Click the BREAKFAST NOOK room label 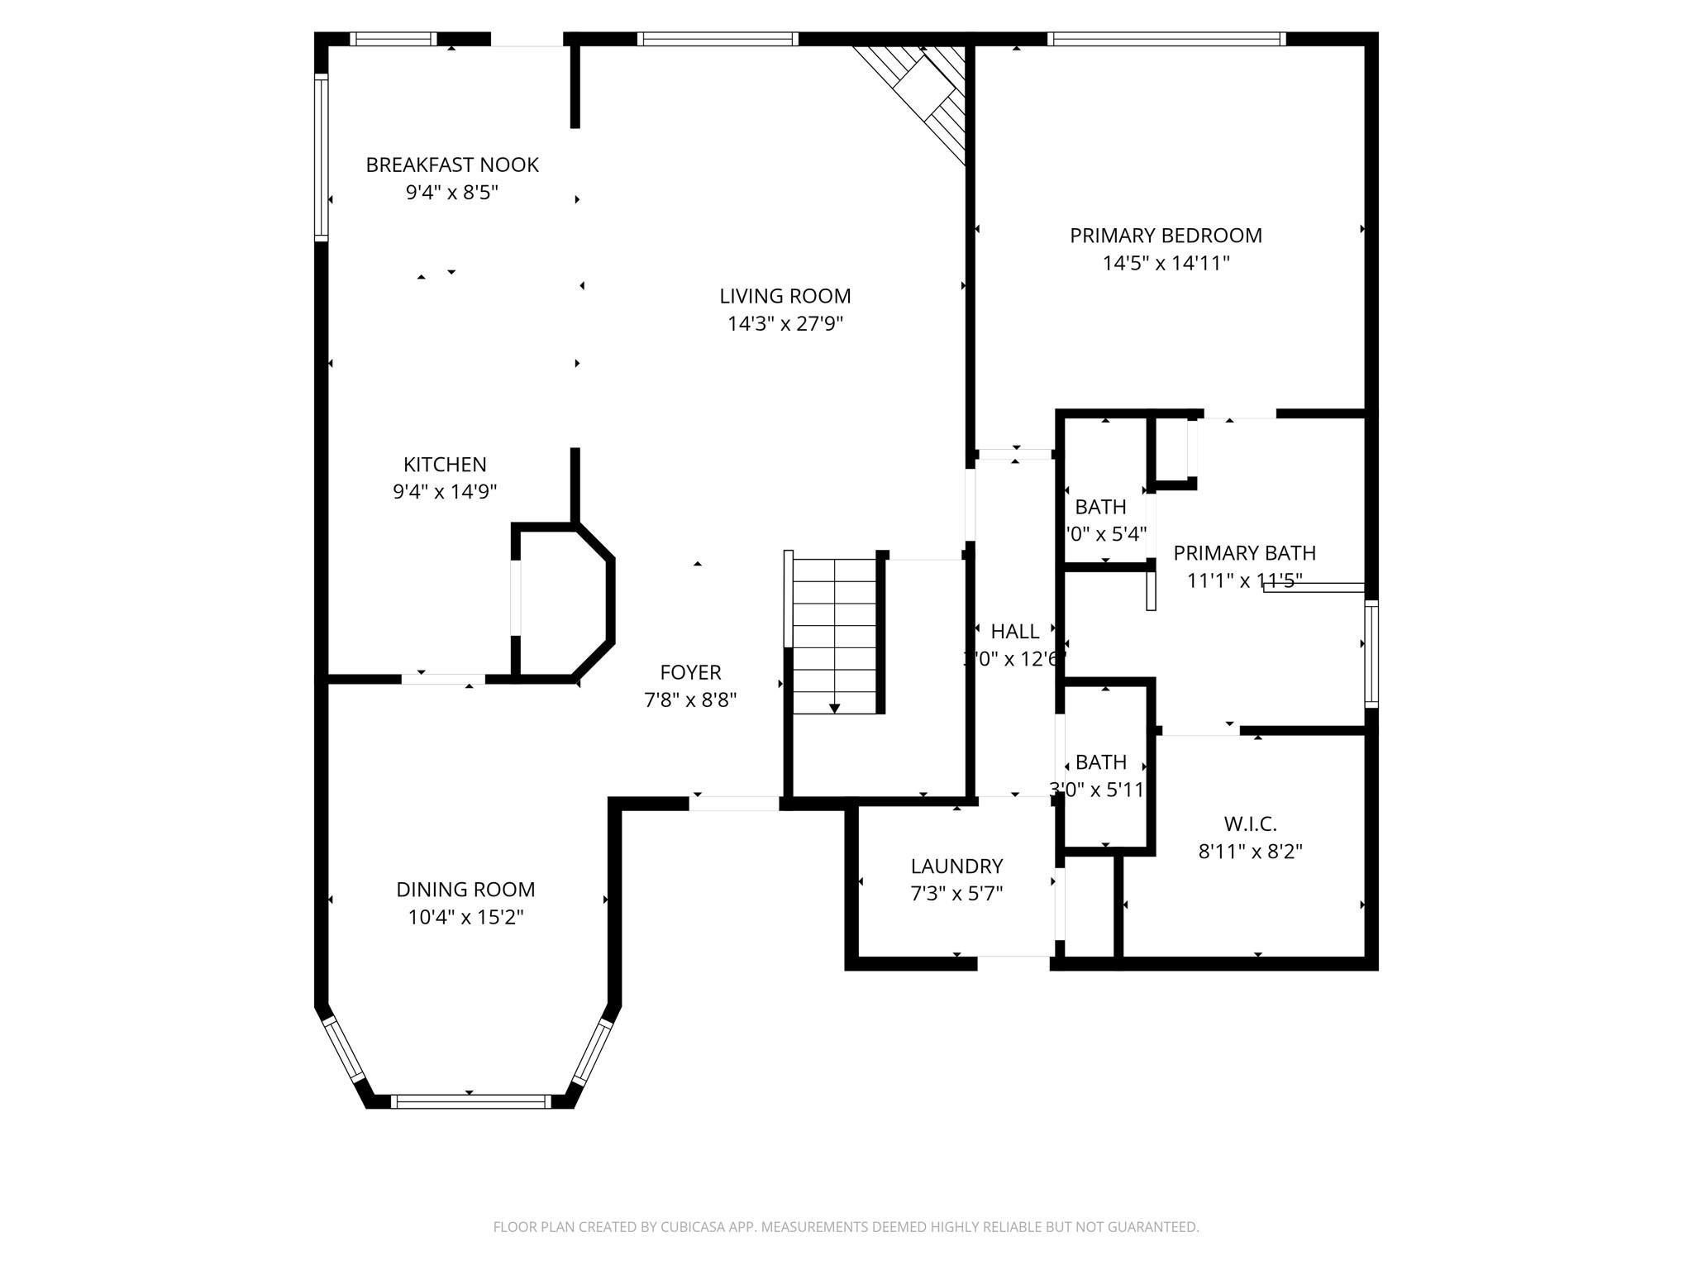tap(452, 165)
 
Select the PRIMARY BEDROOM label tap(1166, 236)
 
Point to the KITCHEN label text tap(445, 465)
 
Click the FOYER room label tap(690, 672)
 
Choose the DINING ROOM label tap(465, 890)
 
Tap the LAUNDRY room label tap(956, 867)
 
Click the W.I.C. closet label tap(1250, 824)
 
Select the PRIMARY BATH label tap(1244, 553)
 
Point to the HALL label tap(1014, 632)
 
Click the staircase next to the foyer tap(834, 633)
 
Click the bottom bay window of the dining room tap(470, 1101)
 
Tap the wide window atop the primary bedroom tap(1166, 39)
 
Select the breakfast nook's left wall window tap(322, 157)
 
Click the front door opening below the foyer tap(734, 803)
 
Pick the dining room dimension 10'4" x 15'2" tap(465, 917)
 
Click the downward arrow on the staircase tap(834, 708)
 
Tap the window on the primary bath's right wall tap(1371, 653)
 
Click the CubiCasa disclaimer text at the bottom tap(846, 1227)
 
